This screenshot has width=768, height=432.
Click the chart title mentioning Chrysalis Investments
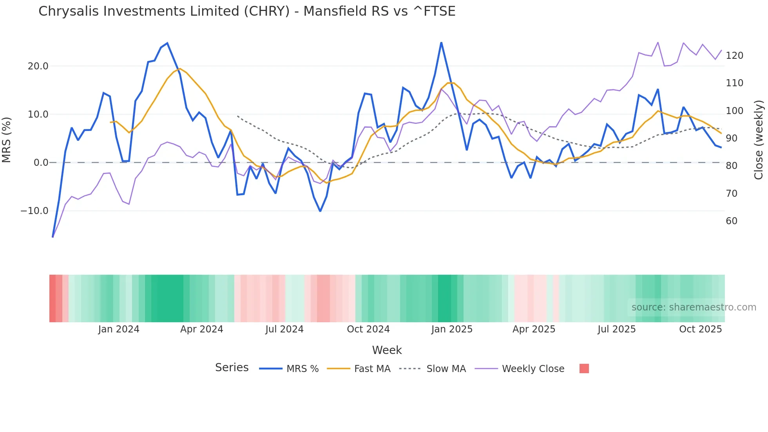point(247,11)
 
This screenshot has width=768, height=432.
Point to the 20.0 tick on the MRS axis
point(38,66)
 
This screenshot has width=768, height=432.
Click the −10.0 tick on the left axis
point(34,211)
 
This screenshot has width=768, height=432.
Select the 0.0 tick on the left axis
point(41,163)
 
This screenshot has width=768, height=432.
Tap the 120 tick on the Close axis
point(734,56)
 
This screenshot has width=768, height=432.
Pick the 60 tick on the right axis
point(732,221)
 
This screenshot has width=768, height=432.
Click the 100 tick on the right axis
point(734,111)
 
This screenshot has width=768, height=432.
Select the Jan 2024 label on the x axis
point(119,329)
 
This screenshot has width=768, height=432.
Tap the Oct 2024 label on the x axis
point(368,329)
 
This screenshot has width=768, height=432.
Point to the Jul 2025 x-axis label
point(616,329)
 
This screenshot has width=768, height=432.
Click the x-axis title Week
point(387,350)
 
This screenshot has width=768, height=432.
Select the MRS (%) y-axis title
point(6,140)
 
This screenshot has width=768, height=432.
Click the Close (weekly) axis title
point(759,140)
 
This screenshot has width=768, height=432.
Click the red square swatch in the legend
point(584,368)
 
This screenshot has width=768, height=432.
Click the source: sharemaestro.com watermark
point(694,307)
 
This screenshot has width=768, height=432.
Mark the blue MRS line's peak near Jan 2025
point(441,43)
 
